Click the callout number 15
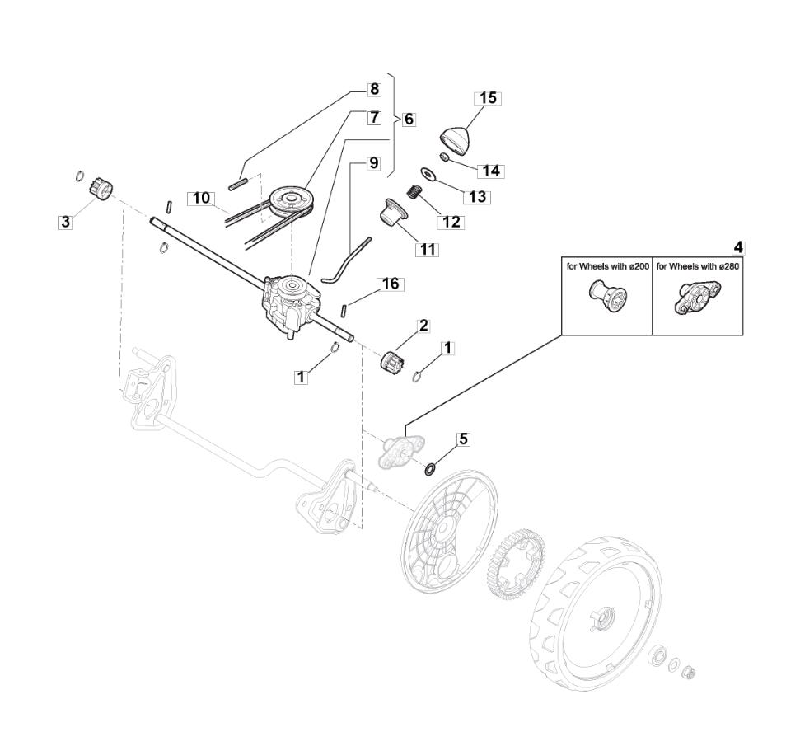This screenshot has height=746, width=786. pos(488,98)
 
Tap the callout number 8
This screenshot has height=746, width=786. pos(373,89)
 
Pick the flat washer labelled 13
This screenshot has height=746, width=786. pos(428,173)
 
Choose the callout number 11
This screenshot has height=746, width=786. pos(427,248)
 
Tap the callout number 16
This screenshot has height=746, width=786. pos(391,284)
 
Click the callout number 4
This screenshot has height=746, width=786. pos(737,246)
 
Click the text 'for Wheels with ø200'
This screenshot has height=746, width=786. pos(606,267)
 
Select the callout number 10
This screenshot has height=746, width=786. pos(201,198)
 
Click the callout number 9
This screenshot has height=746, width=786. pos(373,162)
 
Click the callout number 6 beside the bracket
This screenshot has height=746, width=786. pos(408,119)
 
